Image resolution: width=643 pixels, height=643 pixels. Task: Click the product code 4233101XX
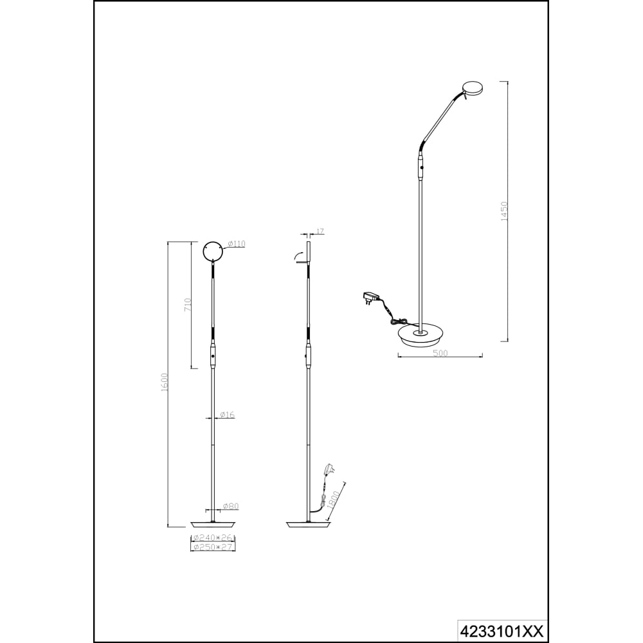click(x=503, y=629)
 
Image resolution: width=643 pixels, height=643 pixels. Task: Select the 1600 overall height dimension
click(x=165, y=382)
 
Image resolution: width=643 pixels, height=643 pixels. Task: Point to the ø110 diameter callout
click(x=236, y=244)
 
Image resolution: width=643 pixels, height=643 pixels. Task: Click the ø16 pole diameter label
click(x=227, y=415)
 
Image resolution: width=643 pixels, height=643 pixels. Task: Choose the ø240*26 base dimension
click(x=213, y=538)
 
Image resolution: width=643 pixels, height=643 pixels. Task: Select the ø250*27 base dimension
click(x=213, y=547)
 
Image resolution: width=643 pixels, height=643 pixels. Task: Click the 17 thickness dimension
click(x=320, y=231)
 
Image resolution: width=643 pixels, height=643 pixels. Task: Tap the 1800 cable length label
click(x=334, y=500)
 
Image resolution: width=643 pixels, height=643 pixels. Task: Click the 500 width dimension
click(x=440, y=352)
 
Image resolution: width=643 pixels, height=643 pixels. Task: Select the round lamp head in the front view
click(x=214, y=251)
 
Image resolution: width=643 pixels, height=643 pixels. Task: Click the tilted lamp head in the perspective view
click(x=473, y=89)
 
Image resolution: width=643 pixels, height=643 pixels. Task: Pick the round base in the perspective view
click(x=421, y=334)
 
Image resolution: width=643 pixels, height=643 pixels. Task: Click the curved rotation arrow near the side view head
click(x=296, y=257)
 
